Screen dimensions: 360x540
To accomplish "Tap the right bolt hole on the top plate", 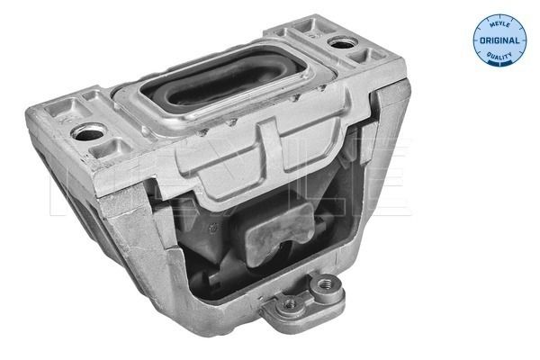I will (x=341, y=41).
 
